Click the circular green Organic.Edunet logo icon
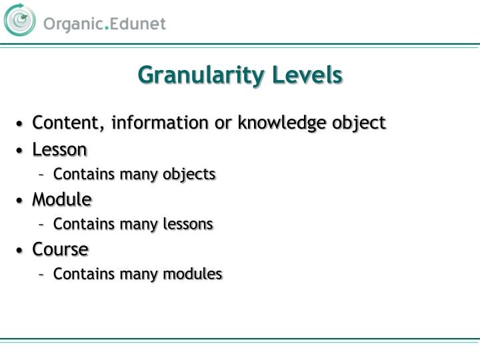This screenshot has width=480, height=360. pos(20,20)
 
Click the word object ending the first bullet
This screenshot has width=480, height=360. pos(363,123)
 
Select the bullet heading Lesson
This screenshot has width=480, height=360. pos(59,149)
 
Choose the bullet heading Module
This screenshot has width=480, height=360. pos(62,199)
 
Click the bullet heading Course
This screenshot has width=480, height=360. pos(61,249)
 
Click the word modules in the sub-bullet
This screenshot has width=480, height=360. pos(195,274)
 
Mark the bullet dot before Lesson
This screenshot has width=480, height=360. pos(21,150)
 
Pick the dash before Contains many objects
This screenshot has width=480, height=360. pos(41,175)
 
